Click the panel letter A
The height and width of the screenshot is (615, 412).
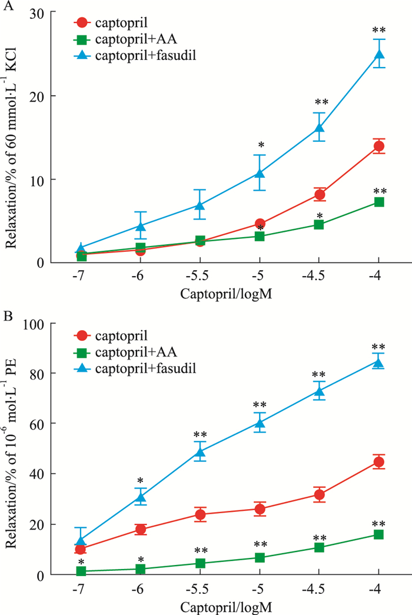[x=7, y=6]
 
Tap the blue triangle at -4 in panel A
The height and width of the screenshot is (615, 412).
[x=378, y=55]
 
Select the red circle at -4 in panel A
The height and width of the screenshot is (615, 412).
[x=378, y=146]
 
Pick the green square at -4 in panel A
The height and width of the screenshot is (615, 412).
[x=378, y=202]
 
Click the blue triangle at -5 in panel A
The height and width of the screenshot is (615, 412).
[x=260, y=172]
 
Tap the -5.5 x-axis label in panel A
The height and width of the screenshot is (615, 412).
[x=200, y=276]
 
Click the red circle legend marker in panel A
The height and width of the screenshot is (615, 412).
[x=82, y=23]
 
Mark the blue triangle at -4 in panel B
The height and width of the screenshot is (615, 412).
[x=378, y=362]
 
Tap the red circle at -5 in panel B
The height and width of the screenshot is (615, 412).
[x=260, y=510]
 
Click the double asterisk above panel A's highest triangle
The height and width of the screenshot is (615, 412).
[x=378, y=29]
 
